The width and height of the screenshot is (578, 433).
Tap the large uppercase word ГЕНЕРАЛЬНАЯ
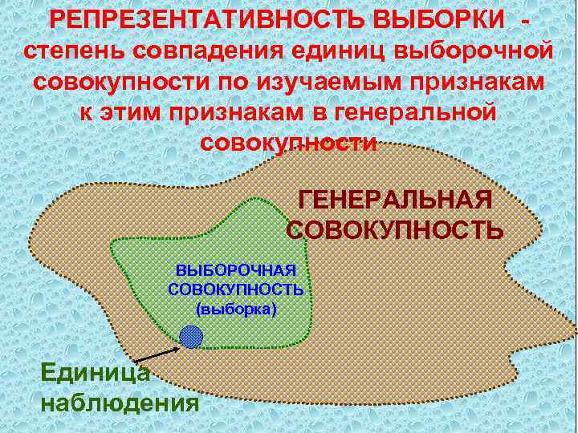point(394,200)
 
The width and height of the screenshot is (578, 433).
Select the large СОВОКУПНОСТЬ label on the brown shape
point(395,230)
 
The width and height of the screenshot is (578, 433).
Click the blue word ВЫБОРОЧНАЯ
point(237,272)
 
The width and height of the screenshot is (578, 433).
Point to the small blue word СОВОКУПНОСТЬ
point(236,289)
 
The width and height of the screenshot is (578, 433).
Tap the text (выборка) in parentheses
point(236,307)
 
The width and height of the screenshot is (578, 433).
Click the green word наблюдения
point(119,400)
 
